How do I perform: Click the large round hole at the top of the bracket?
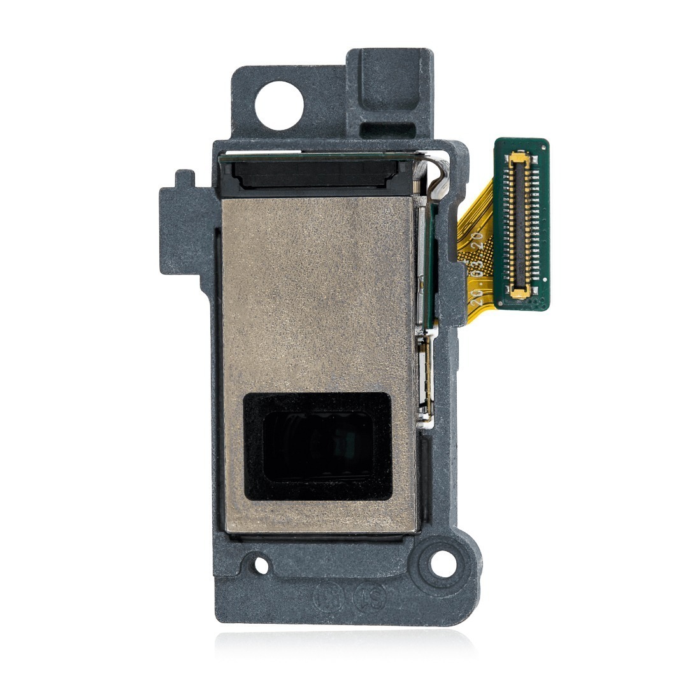pyautogui.click(x=278, y=104)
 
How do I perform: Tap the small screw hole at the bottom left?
pyautogui.click(x=261, y=565)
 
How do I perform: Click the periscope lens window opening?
pyautogui.click(x=317, y=446)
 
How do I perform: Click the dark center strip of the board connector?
pyautogui.click(x=521, y=223)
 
